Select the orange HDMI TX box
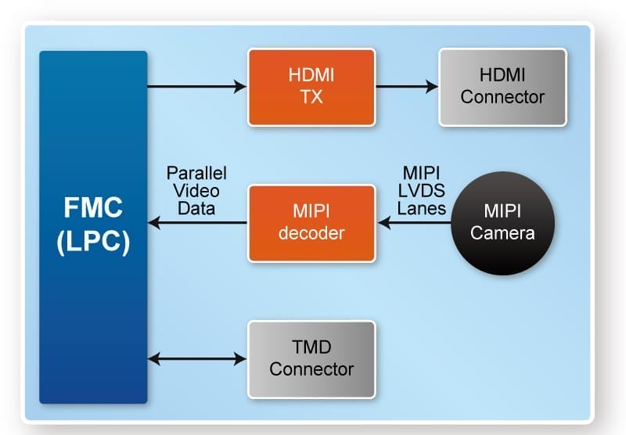click(x=311, y=87)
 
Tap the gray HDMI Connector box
click(x=502, y=87)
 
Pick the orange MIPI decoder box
click(x=311, y=224)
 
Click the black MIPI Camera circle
click(x=503, y=223)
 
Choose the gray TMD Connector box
click(x=311, y=359)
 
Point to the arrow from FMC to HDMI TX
click(x=196, y=87)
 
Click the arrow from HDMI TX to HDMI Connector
click(x=406, y=87)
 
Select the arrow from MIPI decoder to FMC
click(x=196, y=224)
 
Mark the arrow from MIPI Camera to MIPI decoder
click(x=415, y=224)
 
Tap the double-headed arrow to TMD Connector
click(x=196, y=359)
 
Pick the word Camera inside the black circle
click(x=503, y=233)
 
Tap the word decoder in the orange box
click(x=311, y=233)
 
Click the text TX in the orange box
click(x=311, y=97)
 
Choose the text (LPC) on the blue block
click(x=93, y=241)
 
